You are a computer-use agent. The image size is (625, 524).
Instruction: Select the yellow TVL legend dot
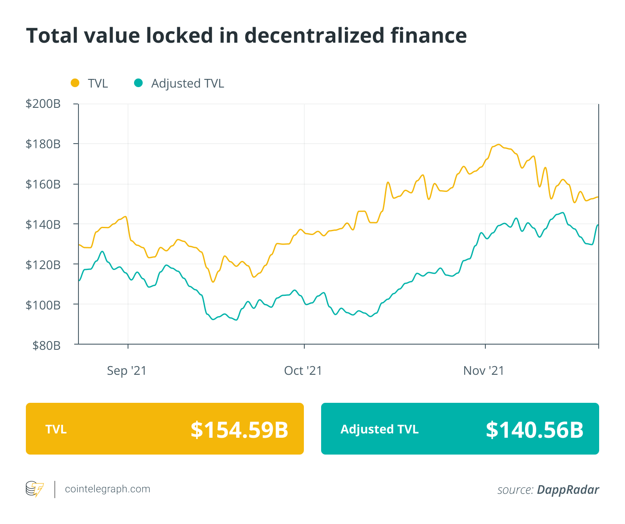[75, 83]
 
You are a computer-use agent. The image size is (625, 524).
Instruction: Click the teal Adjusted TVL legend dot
[138, 83]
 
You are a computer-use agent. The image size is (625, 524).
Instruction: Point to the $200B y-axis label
[43, 104]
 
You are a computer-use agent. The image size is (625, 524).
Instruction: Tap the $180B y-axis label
[43, 144]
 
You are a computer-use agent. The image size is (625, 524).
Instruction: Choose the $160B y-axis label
[43, 184]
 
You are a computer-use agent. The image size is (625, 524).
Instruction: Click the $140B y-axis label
[43, 224]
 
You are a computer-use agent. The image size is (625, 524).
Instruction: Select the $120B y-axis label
[43, 264]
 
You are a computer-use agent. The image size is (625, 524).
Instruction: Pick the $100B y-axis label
[43, 305]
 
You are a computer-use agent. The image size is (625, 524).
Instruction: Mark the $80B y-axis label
[46, 345]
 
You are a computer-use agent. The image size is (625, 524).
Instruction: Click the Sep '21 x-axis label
[127, 370]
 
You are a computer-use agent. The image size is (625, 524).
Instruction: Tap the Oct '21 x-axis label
[303, 370]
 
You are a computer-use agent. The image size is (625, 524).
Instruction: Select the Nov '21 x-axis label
[484, 370]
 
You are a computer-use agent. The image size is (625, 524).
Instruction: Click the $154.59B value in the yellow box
[239, 430]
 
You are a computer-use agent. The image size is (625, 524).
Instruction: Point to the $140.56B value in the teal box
[534, 430]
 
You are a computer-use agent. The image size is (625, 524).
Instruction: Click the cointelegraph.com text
[107, 489]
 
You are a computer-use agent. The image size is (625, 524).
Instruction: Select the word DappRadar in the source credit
[568, 490]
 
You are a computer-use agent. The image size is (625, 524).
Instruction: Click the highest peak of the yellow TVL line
[498, 144]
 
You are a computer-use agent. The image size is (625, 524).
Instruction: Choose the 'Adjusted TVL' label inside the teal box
[379, 429]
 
